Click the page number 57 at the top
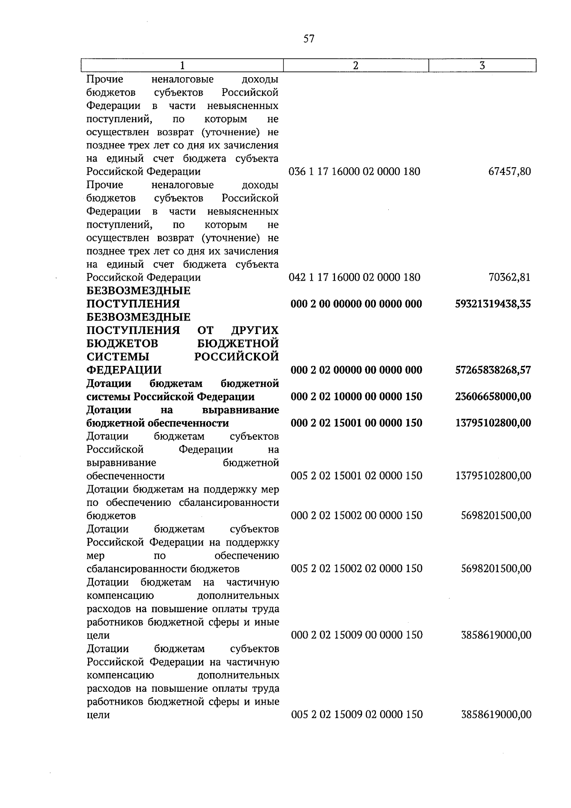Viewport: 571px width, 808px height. pyautogui.click(x=309, y=39)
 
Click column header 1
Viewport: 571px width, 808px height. pyautogui.click(x=182, y=66)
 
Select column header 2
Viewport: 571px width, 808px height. pyautogui.click(x=356, y=66)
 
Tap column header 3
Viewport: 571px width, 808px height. pyautogui.click(x=482, y=66)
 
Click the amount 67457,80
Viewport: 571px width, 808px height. pyautogui.click(x=510, y=172)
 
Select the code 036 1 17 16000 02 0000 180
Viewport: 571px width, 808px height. pyautogui.click(x=354, y=172)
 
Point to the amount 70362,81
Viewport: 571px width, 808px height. pyautogui.click(x=510, y=277)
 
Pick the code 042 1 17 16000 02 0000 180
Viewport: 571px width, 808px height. pyautogui.click(x=354, y=277)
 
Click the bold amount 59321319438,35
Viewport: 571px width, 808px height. pyautogui.click(x=493, y=304)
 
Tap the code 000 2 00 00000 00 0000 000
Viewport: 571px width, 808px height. pyautogui.click(x=356, y=304)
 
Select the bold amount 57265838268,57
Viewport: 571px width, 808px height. pyautogui.click(x=493, y=370)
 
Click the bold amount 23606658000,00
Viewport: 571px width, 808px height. pyautogui.click(x=493, y=397)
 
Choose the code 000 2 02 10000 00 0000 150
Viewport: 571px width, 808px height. pyautogui.click(x=356, y=397)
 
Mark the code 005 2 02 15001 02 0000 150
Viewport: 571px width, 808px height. pyautogui.click(x=356, y=476)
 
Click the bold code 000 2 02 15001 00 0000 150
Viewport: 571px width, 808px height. pyautogui.click(x=356, y=423)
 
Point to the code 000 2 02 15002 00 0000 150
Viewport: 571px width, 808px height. pyautogui.click(x=356, y=515)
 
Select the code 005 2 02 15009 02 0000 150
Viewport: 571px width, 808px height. pyautogui.click(x=356, y=715)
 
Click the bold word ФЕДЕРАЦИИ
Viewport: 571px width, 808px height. pyautogui.click(x=124, y=370)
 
